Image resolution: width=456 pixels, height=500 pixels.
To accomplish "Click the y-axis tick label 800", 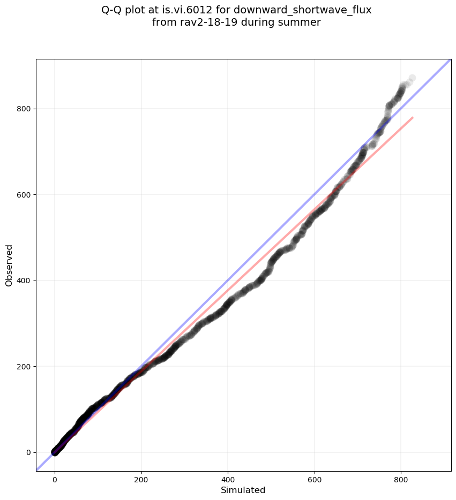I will pos(23,109).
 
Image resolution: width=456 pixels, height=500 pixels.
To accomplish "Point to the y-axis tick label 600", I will pos(23,195).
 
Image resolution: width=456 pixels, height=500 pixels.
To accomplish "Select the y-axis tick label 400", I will pos(23,281).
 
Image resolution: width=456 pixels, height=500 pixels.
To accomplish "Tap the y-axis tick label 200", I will pos(23,367).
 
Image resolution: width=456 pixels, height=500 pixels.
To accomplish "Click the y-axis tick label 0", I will pos(27,452).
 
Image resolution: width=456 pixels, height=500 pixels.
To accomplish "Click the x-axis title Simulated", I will pos(243,490).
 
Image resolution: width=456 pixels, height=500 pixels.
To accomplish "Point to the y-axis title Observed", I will pos(9,265).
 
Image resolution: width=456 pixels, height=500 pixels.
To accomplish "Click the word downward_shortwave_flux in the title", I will pos(303,10).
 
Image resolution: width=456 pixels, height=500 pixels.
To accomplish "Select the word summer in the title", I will pos(302,22).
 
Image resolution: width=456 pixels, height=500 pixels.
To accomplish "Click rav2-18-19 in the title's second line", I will pos(203,22).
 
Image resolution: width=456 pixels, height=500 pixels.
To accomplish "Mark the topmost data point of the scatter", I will pos(412,79).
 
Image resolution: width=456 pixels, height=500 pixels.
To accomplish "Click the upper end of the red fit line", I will pos(413,117).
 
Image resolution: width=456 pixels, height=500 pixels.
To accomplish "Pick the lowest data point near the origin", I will pos(55,452).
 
